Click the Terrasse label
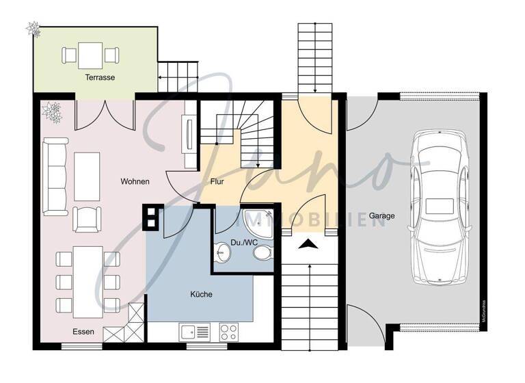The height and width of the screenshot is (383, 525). (100, 78)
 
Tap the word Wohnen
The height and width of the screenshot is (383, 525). (135, 181)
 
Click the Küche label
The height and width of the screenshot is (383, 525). (201, 295)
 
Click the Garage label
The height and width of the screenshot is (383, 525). (382, 216)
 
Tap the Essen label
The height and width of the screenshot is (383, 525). (84, 332)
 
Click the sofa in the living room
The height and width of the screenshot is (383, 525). (52, 174)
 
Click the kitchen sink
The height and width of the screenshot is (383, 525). (195, 332)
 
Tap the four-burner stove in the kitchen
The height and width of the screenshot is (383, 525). (229, 332)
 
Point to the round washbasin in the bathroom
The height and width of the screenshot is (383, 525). (222, 253)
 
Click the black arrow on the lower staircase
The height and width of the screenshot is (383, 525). (308, 242)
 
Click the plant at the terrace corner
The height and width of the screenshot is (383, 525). (33, 28)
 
